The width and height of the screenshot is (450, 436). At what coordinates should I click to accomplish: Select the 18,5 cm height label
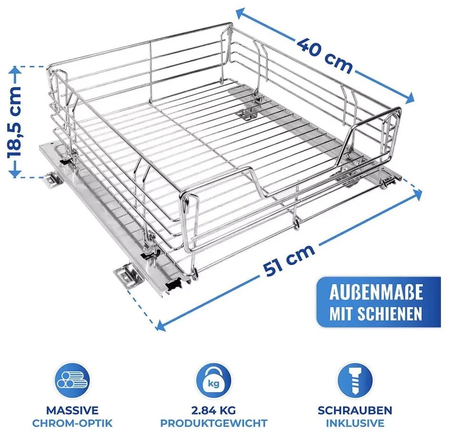click(14, 122)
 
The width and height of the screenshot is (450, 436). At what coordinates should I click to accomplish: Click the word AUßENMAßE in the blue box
click(376, 292)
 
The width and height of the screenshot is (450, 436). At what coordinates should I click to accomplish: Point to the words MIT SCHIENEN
click(376, 313)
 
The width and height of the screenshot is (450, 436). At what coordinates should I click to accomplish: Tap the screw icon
click(355, 381)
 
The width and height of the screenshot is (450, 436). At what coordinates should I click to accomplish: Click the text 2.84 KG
click(214, 410)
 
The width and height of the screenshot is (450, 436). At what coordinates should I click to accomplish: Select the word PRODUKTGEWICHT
click(214, 423)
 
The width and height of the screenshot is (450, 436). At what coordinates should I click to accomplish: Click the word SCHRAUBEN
click(355, 410)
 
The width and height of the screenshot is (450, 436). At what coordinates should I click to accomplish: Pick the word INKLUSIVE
click(355, 423)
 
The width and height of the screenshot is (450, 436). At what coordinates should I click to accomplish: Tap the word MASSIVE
click(72, 410)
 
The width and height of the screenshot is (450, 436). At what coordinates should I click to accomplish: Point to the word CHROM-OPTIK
click(72, 423)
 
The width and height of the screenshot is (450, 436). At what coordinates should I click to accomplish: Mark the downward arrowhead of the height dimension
click(14, 173)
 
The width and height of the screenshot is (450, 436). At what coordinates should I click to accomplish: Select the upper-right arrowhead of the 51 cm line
click(417, 195)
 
